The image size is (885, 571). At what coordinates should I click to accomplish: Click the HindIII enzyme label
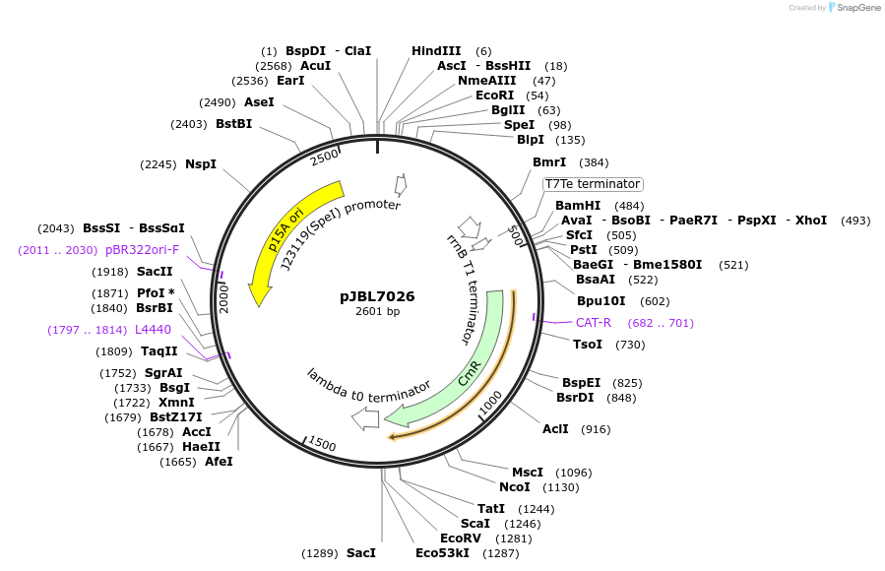click(436, 51)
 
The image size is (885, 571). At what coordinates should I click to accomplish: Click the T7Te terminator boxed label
click(593, 184)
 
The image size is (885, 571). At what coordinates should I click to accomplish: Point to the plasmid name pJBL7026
click(377, 295)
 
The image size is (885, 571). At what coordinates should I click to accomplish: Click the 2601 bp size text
click(377, 311)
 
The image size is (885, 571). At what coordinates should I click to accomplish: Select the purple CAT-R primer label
click(593, 323)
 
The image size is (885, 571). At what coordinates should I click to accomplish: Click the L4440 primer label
click(154, 329)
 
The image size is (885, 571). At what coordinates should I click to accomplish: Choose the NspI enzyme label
click(200, 164)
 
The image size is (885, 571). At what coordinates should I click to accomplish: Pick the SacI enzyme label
click(361, 553)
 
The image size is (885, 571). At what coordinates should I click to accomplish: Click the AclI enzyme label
click(555, 429)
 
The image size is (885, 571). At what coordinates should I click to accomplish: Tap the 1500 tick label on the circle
click(322, 445)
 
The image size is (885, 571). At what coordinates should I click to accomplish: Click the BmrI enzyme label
click(549, 162)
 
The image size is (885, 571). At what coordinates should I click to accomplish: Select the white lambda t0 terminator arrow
click(365, 418)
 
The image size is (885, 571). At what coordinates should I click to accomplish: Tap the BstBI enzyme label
click(233, 124)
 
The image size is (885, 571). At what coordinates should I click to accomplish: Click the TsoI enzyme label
click(588, 345)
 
